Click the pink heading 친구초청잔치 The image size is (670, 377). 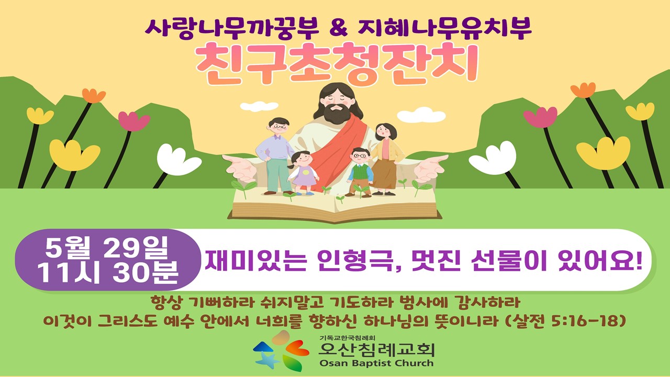(337, 64)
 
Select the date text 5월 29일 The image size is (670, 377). (107, 248)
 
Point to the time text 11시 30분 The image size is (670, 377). (108, 273)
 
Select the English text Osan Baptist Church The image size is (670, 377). (376, 363)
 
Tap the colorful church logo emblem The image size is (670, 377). (281, 351)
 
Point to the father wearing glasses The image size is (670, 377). (276, 156)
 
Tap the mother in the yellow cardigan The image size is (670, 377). (385, 159)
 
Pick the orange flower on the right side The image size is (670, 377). (583, 90)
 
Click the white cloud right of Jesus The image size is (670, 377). (421, 115)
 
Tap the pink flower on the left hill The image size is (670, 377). (133, 120)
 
